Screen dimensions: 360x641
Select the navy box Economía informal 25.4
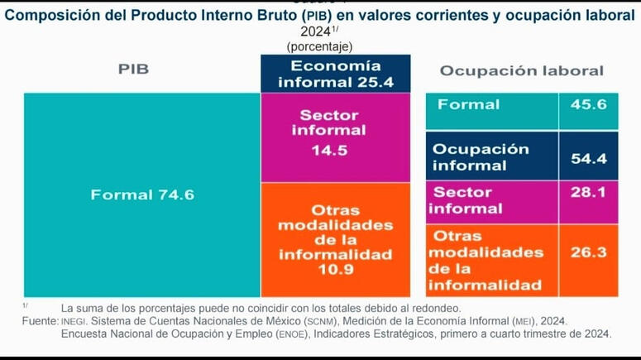[335, 74]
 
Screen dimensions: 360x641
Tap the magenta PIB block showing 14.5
[335, 137]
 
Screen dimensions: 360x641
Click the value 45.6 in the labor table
[588, 104]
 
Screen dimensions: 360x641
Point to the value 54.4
[588, 157]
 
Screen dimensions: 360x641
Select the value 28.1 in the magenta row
[588, 192]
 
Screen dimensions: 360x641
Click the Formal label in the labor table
[468, 104]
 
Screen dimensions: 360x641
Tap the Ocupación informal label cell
[481, 157]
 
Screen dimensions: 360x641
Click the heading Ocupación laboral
[521, 71]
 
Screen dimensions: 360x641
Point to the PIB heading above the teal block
[133, 70]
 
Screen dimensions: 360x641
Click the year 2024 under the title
[315, 31]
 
